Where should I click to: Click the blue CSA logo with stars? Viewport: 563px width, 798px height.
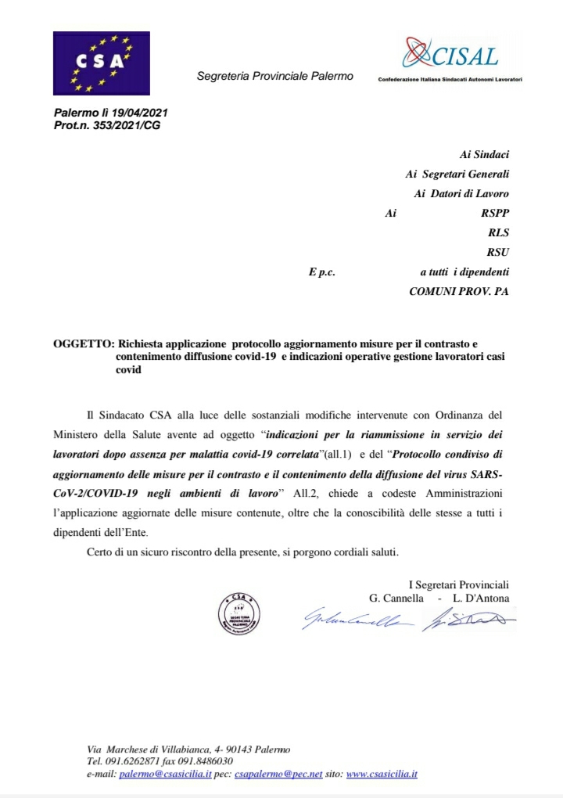pos(101,63)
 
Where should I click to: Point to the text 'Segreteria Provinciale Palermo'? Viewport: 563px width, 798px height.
pos(274,77)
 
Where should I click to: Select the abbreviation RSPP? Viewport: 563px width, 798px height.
pos(496,212)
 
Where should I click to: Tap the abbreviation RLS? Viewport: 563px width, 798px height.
pos(499,232)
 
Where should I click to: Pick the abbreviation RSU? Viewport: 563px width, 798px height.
pos(498,252)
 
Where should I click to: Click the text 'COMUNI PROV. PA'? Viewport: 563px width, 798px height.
pos(459,291)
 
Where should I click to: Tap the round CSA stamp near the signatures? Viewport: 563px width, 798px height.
pos(238,613)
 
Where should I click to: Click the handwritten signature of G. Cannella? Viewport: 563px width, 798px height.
pos(357,620)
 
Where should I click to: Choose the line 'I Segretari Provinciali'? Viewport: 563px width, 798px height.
pos(459,584)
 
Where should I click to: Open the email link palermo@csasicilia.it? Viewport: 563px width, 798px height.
pos(165,774)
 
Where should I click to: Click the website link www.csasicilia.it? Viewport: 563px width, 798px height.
pos(382,774)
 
